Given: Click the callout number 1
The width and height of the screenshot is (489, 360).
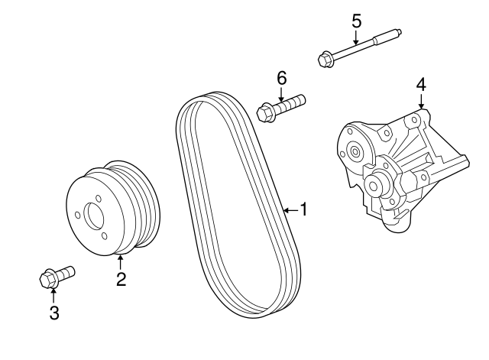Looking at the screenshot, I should tap(303, 209).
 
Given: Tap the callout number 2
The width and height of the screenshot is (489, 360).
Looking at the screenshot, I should tap(121, 279).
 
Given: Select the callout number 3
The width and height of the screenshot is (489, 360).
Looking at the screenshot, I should tap(53, 312).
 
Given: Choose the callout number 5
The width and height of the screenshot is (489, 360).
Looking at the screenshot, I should tap(356, 20).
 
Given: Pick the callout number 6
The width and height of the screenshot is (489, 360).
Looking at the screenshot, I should tap(281, 77).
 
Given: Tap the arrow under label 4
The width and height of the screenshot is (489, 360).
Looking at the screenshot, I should tap(420, 102).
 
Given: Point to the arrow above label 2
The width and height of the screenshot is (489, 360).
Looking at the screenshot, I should tap(120, 262).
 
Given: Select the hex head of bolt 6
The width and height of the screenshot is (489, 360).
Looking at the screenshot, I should tap(265, 114).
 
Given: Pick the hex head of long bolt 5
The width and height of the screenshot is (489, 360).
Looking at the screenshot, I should tap(323, 57).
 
